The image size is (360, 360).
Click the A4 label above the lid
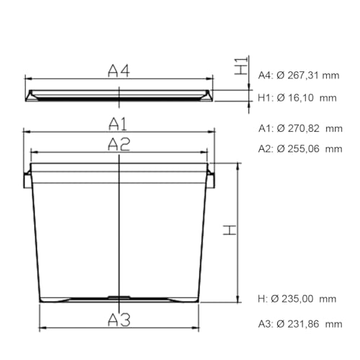119,71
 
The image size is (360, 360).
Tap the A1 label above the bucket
117,124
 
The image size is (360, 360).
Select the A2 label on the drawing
119,144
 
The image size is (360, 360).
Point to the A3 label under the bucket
119,320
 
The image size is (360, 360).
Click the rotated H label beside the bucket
230,230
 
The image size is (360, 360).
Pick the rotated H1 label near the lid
240,66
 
